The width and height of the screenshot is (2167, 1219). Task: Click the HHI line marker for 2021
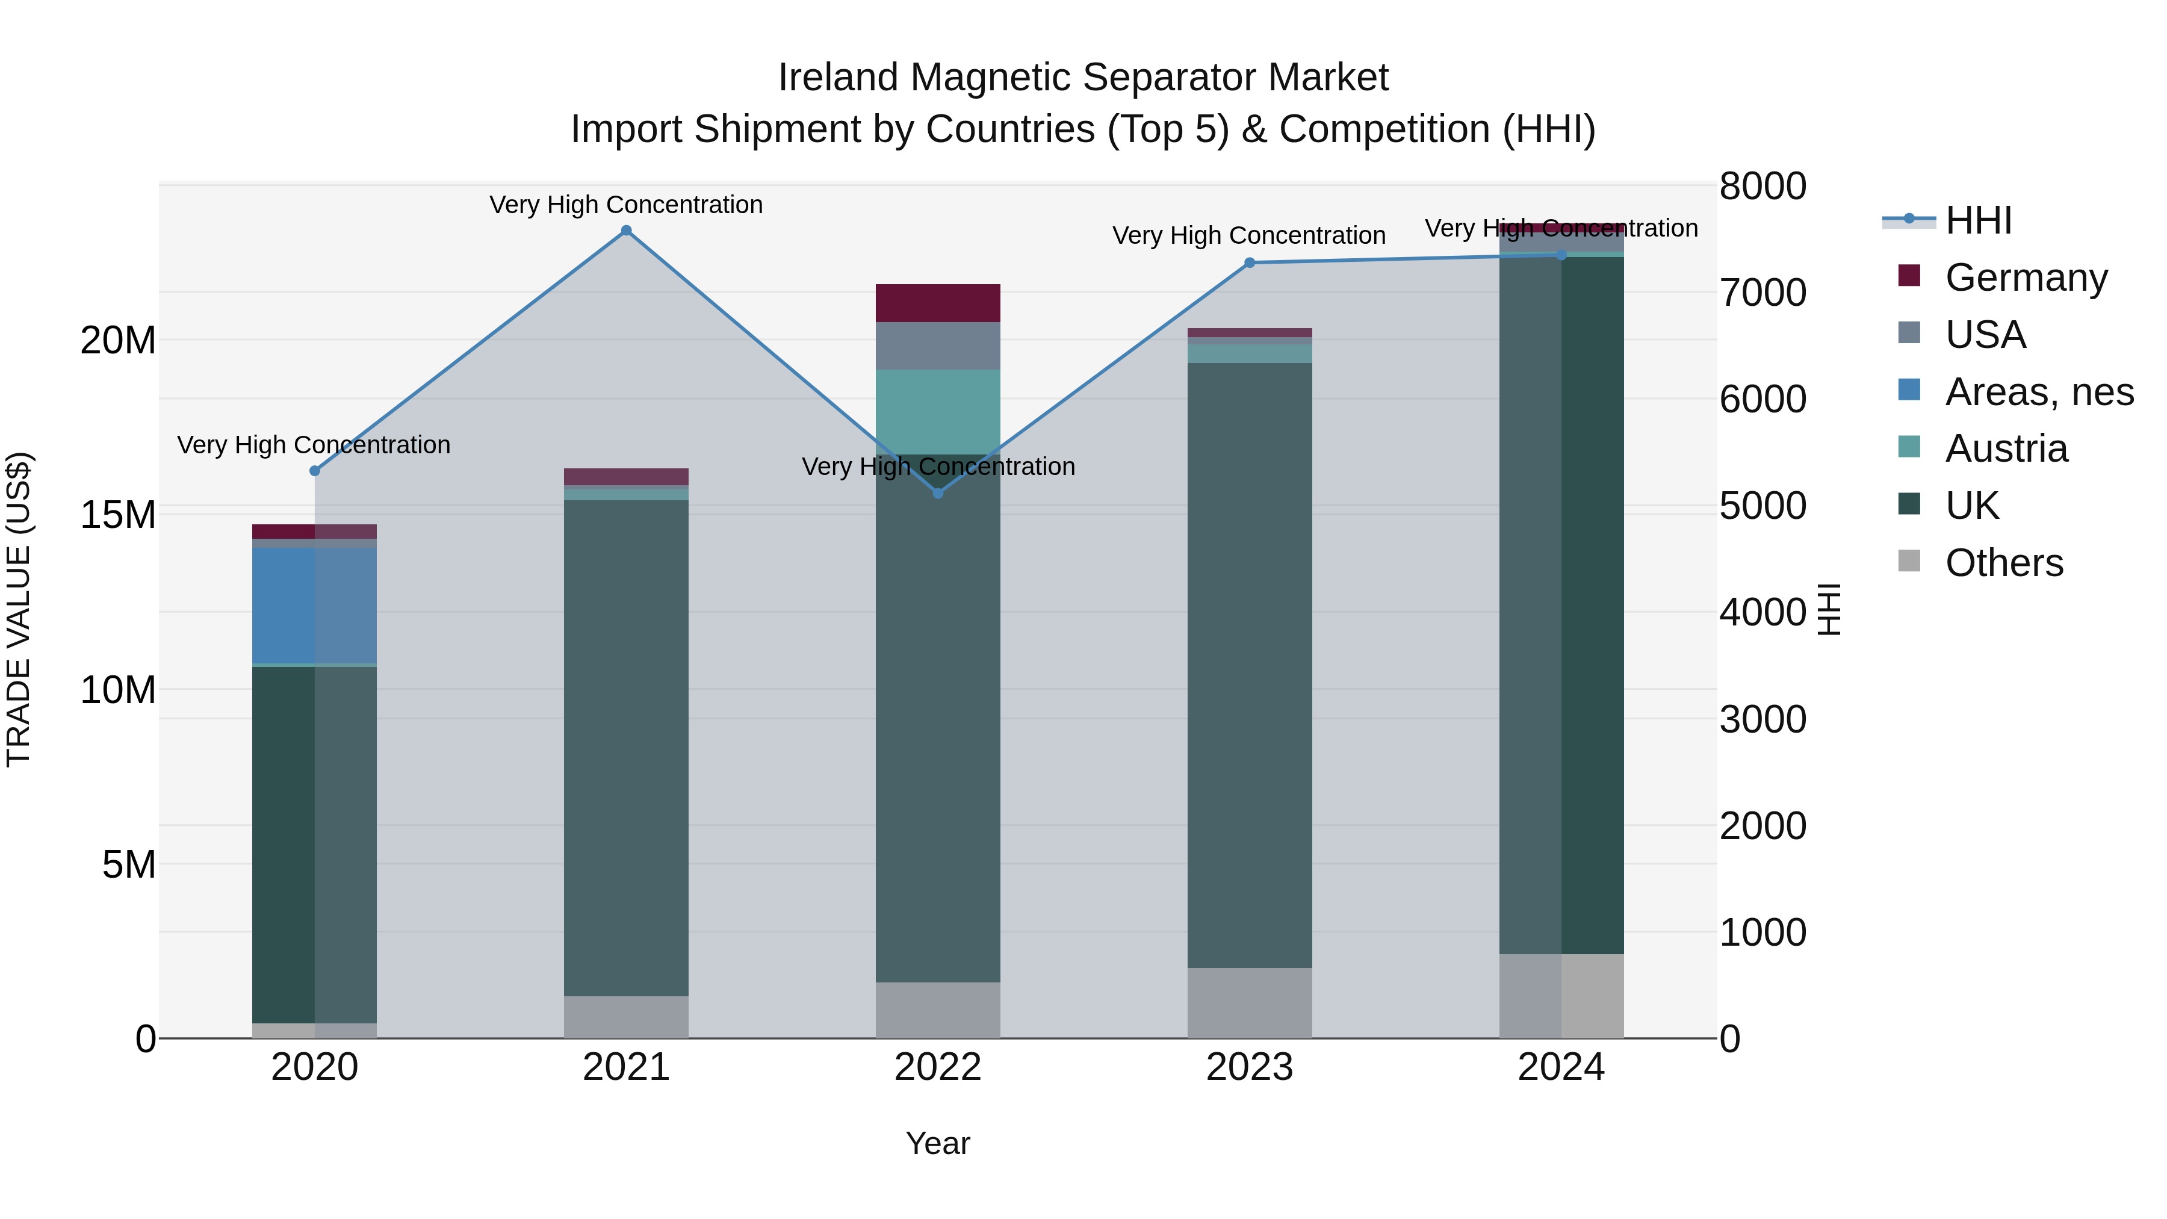click(626, 231)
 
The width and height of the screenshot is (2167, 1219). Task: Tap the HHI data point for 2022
click(938, 493)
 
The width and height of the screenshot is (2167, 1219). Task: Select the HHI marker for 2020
click(315, 471)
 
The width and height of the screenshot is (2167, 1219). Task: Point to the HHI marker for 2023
click(1249, 262)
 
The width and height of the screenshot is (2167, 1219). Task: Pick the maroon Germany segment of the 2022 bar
click(938, 303)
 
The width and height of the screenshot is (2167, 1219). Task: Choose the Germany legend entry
click(2026, 278)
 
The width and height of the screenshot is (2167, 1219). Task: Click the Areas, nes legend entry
click(2038, 392)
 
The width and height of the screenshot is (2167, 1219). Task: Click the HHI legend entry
click(1977, 220)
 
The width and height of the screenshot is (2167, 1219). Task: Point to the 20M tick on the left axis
click(118, 341)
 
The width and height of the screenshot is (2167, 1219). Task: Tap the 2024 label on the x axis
click(1560, 1067)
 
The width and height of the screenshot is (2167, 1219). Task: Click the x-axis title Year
click(937, 1143)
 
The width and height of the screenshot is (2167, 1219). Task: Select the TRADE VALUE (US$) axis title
click(19, 609)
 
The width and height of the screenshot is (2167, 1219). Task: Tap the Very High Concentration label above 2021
click(626, 205)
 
